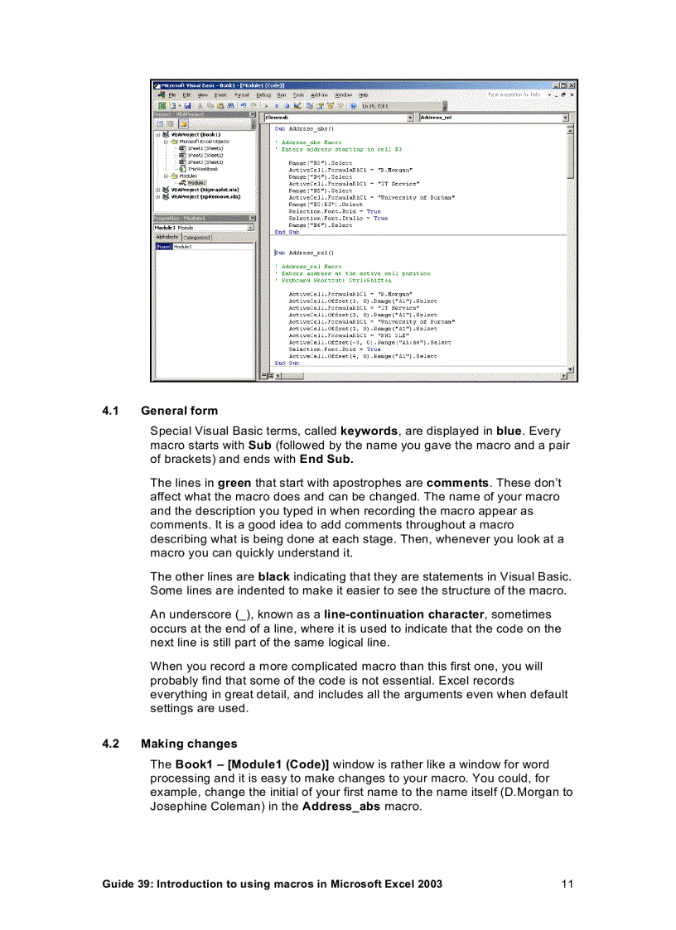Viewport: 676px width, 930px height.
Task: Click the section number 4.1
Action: point(111,411)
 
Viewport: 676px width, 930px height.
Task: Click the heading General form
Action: point(179,411)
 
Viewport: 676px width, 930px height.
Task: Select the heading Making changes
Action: point(189,744)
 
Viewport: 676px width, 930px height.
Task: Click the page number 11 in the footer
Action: point(567,884)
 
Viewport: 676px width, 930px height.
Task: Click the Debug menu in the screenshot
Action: point(263,95)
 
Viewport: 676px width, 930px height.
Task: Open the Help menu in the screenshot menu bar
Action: point(363,95)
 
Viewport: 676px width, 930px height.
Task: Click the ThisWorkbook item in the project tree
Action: point(202,168)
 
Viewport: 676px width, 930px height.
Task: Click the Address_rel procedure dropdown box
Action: point(494,118)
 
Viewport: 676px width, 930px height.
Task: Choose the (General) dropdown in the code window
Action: point(338,118)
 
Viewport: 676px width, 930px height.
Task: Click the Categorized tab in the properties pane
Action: point(197,238)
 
